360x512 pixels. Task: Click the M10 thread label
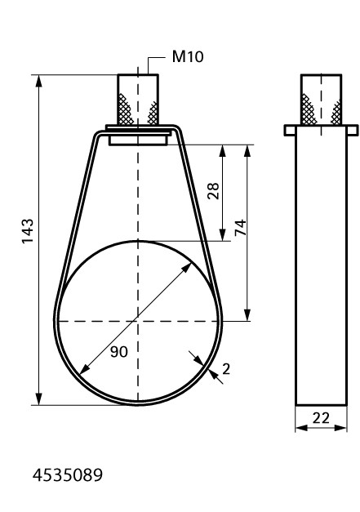click(188, 57)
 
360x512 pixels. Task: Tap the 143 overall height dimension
click(28, 231)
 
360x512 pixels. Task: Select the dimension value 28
click(213, 191)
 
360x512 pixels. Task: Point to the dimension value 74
click(241, 227)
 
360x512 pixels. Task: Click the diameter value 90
click(119, 352)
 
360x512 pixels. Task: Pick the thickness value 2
click(226, 368)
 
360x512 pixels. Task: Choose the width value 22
click(321, 418)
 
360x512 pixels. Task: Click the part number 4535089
click(68, 475)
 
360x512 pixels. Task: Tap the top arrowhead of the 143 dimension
click(39, 81)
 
